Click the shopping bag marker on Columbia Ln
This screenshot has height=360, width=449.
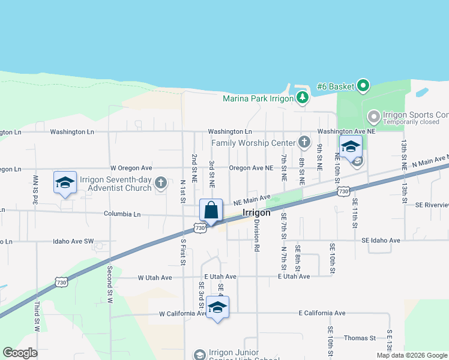click(211, 211)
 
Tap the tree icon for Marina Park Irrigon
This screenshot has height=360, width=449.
click(303, 98)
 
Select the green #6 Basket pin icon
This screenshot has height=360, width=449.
click(363, 86)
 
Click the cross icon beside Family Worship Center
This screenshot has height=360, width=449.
click(304, 142)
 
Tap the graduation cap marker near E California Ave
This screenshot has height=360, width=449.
click(217, 308)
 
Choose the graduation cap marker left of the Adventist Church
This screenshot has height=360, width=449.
click(65, 183)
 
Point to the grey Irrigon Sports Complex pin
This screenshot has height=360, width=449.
click(373, 115)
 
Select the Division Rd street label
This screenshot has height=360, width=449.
click(256, 235)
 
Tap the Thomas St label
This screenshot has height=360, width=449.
click(363, 338)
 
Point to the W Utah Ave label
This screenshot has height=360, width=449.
click(155, 278)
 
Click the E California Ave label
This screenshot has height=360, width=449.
click(322, 313)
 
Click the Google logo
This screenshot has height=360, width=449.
click(20, 353)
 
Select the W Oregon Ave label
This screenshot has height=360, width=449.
click(131, 168)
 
